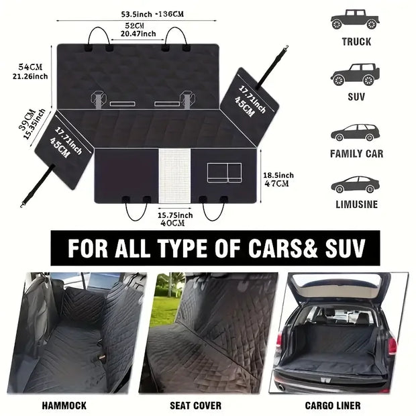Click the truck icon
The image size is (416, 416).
click(x=355, y=19)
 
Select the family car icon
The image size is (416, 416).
click(x=355, y=132)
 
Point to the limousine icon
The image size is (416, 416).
click(x=355, y=184)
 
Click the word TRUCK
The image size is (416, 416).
click(x=356, y=42)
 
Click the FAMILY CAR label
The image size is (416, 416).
click(x=356, y=154)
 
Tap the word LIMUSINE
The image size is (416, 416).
click(x=356, y=205)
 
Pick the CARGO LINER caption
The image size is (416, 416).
click(x=332, y=405)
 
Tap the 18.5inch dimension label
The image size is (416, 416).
click(x=277, y=174)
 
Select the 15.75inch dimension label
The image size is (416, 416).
click(x=175, y=215)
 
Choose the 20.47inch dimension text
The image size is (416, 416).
click(x=138, y=34)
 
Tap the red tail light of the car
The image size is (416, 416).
click(x=392, y=346)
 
